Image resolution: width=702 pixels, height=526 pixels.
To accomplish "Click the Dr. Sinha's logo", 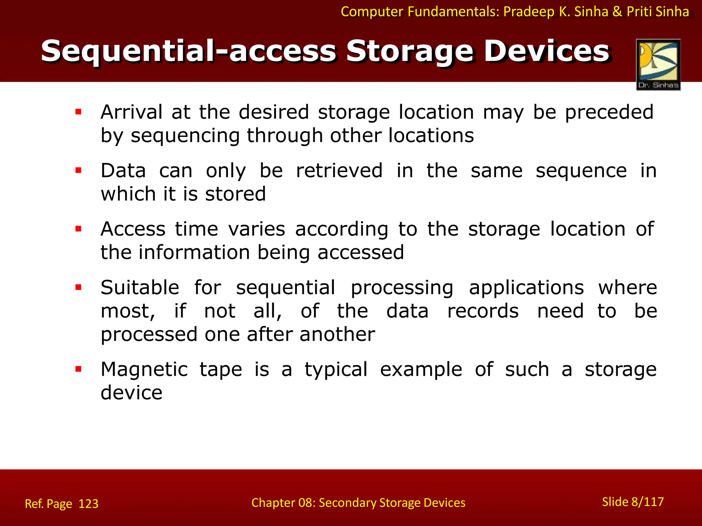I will click(658, 64).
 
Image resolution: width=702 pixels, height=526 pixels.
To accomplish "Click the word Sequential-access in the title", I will click(188, 51).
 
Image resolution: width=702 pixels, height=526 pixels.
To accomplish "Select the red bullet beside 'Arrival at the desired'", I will click(78, 112).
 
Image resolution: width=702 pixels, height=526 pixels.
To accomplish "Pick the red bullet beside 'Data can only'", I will click(78, 170).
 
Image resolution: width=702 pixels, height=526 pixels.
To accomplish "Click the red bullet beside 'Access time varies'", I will click(78, 229).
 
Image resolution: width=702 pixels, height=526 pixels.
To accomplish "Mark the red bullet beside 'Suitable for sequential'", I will click(78, 287).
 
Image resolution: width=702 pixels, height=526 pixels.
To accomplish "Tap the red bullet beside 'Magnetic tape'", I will click(78, 369).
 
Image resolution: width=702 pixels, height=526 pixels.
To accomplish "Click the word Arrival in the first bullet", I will click(131, 112).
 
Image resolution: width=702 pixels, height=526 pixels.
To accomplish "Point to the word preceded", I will click(609, 112).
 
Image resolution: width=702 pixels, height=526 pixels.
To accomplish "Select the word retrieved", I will click(339, 171).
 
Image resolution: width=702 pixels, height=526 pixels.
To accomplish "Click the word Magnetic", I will click(144, 370).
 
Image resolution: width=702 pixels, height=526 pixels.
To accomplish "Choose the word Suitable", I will click(140, 287).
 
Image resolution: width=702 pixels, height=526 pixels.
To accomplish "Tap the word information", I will click(194, 252).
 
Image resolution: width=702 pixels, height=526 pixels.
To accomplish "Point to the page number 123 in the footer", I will click(88, 504).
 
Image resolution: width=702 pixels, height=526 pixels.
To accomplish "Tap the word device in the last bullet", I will click(131, 392).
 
